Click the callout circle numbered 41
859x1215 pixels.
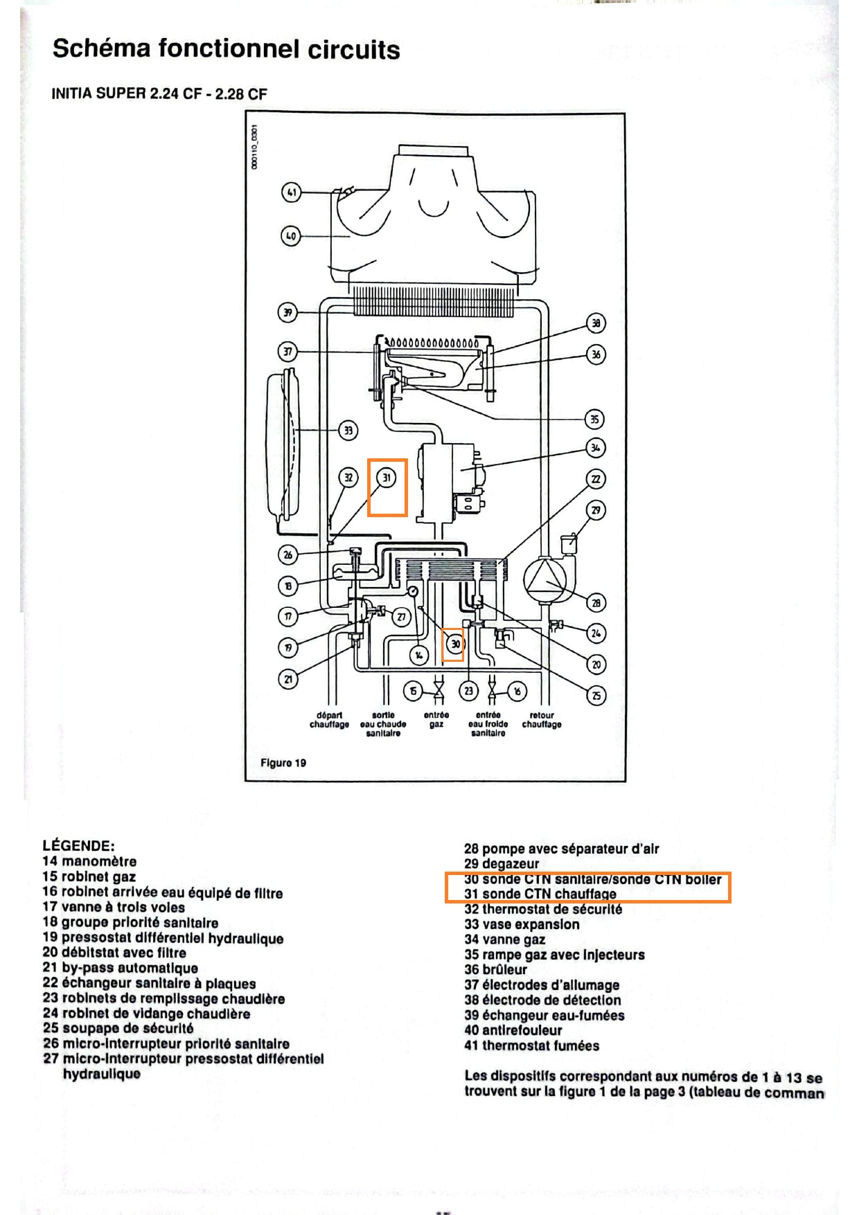(292, 192)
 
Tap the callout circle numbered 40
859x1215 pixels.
(291, 236)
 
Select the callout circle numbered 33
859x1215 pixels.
(348, 431)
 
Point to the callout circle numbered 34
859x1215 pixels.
(595, 448)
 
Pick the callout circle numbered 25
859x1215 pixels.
(596, 695)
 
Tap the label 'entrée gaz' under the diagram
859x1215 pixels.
(436, 719)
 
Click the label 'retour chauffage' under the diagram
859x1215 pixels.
(542, 719)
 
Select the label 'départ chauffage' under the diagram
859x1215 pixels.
(329, 719)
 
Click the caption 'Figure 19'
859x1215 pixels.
(283, 763)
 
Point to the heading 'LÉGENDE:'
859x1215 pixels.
(78, 845)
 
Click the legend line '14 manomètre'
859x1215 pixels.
(89, 861)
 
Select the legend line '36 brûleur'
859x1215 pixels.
(495, 969)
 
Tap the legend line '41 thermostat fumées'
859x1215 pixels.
(531, 1045)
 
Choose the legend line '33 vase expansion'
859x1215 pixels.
(522, 924)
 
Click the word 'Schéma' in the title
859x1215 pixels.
(101, 48)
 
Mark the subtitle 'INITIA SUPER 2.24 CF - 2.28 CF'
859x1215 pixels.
(159, 94)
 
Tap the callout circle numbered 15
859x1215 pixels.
(414, 691)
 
